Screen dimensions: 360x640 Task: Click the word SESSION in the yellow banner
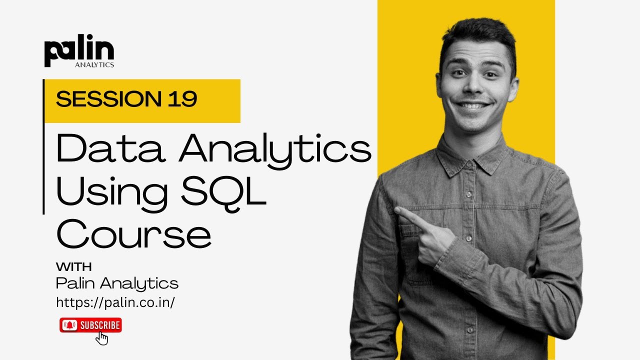click(104, 99)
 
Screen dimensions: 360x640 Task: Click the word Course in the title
click(133, 234)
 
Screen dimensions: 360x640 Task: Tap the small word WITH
click(73, 266)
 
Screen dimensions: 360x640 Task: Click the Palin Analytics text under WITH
click(117, 283)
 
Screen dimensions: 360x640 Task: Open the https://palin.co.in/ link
click(115, 302)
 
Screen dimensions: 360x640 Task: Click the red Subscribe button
click(90, 325)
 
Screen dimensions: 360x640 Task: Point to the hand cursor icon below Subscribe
click(101, 338)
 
